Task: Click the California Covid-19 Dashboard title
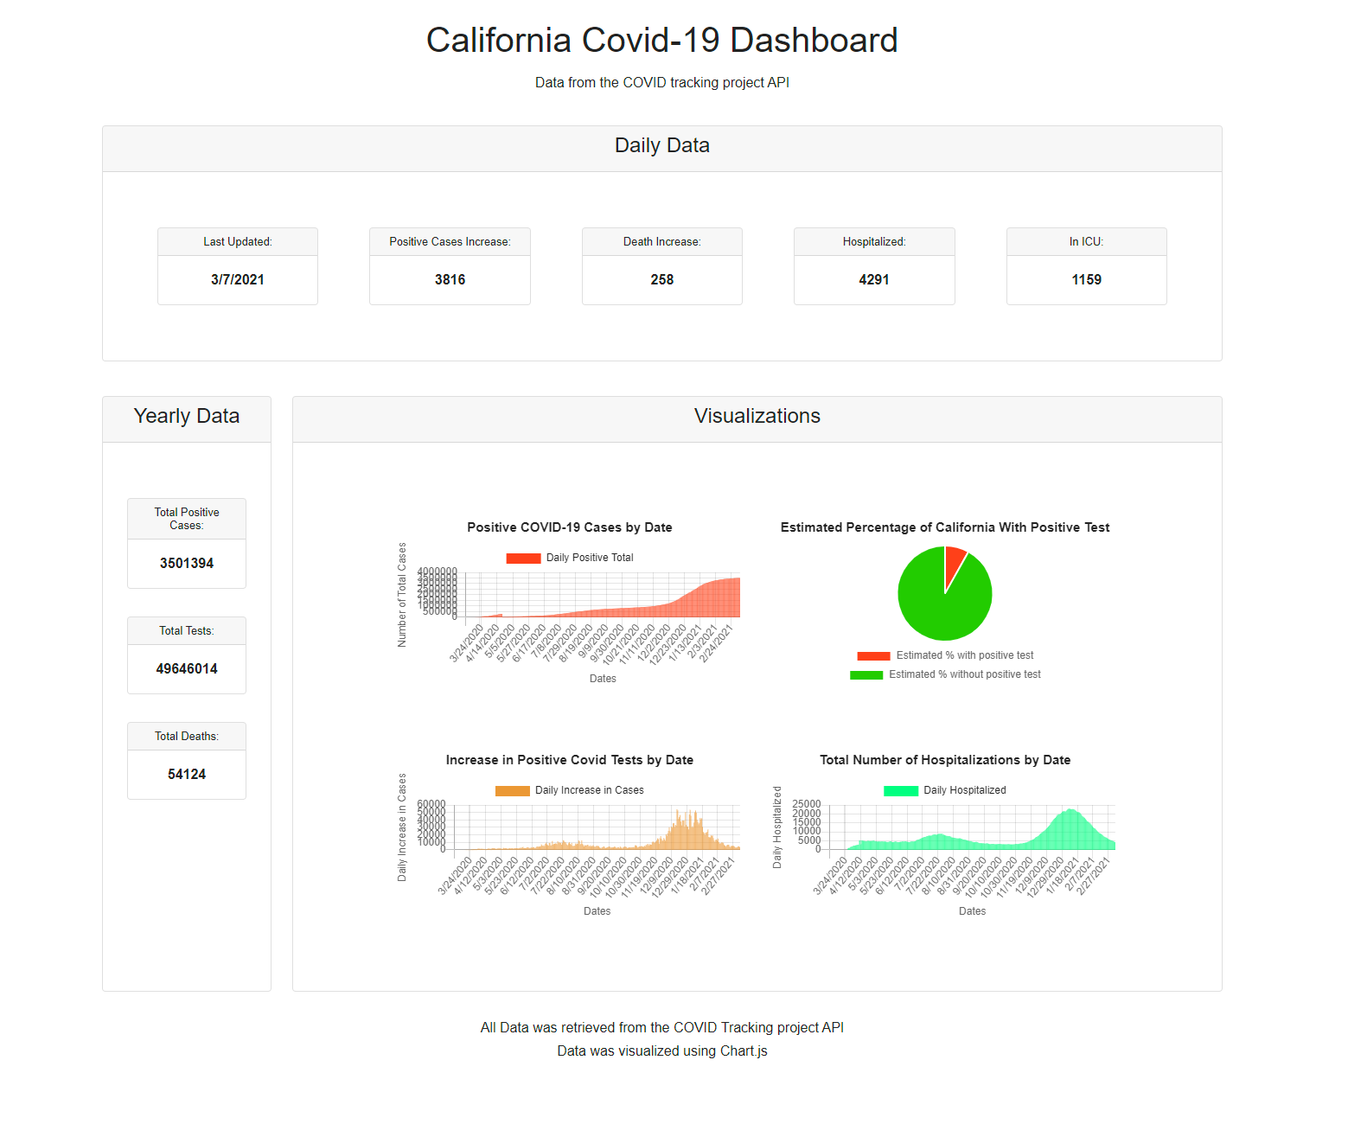coord(661,41)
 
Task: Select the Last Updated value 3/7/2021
coord(238,279)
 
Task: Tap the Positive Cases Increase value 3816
coord(450,279)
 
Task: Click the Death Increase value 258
coord(662,279)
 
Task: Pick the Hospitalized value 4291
coord(874,279)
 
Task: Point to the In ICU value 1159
coord(1086,279)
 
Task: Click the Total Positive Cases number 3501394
coord(187,563)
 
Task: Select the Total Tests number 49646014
coord(187,668)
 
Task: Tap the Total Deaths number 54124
coord(187,774)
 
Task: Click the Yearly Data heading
coord(187,416)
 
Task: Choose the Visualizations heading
coord(757,416)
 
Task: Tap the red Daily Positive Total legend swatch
coord(523,558)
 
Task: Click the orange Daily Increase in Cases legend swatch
coord(512,790)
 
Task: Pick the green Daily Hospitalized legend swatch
coord(900,790)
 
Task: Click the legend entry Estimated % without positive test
coord(965,674)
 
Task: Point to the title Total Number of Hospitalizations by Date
coord(945,760)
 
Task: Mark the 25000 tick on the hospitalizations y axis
coord(807,804)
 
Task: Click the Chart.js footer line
coord(662,1051)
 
